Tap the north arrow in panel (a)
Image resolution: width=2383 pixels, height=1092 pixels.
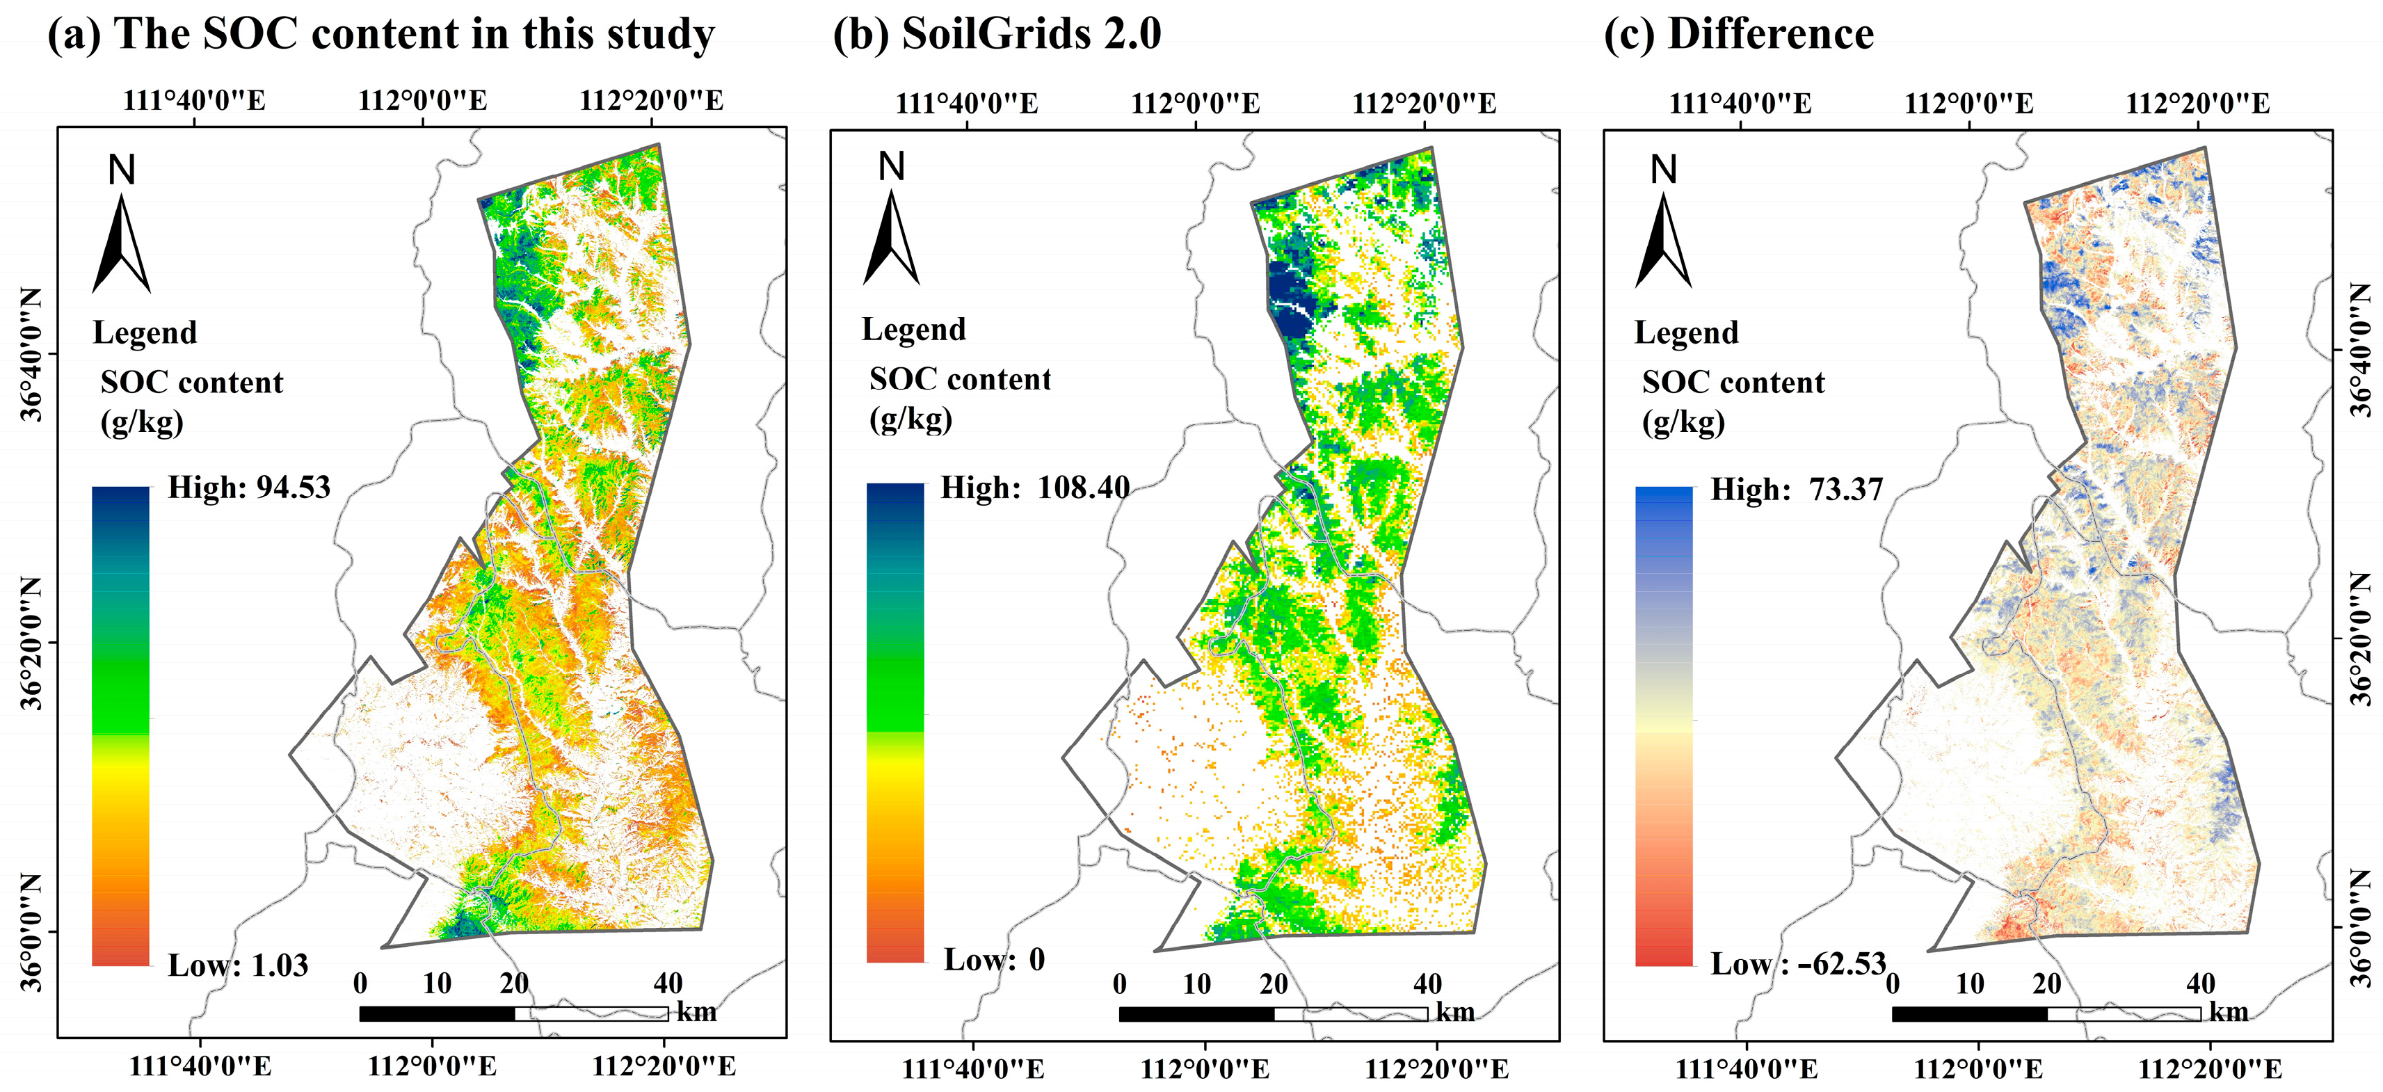[x=121, y=243]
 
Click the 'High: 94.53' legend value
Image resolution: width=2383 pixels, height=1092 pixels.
[x=249, y=488]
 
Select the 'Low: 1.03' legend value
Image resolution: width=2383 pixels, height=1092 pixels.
[x=238, y=965]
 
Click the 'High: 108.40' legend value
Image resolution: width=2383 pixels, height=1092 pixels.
[x=1035, y=488]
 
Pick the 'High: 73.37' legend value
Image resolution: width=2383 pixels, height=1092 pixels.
[x=1797, y=490]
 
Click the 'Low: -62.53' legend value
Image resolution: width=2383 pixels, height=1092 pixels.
[x=1797, y=964]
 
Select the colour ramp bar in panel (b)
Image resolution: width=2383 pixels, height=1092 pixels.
[x=894, y=723]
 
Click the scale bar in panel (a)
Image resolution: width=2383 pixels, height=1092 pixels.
[x=513, y=1013]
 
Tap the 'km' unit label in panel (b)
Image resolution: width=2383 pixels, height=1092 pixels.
[x=1455, y=1013]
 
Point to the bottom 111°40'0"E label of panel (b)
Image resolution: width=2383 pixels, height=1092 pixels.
[x=972, y=1070]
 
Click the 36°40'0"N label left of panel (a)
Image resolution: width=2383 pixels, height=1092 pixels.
[x=33, y=355]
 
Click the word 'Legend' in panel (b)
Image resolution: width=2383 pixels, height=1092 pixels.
[x=913, y=330]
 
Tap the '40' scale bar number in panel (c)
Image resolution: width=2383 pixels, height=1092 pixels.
[x=2200, y=983]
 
